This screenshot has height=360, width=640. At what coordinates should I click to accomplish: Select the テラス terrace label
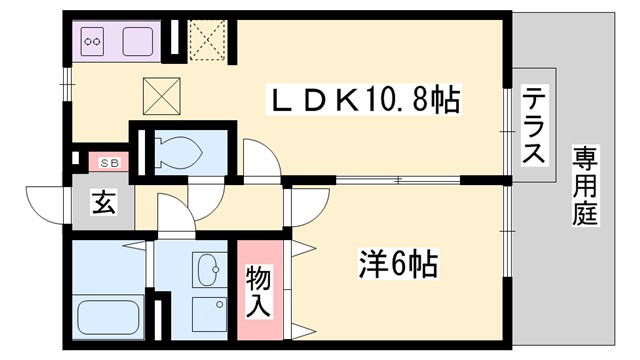(x=535, y=126)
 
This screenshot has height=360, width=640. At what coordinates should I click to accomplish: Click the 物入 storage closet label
(x=259, y=290)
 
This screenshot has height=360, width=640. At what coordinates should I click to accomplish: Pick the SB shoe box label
(x=104, y=160)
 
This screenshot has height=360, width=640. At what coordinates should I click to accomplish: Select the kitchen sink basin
(x=137, y=42)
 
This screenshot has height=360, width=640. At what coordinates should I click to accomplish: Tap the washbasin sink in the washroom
(x=209, y=269)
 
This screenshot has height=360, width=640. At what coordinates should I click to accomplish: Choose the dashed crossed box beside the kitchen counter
(x=207, y=40)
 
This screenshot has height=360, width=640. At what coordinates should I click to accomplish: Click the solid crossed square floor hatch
(x=160, y=96)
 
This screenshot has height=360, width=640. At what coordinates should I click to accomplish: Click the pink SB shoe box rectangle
(x=104, y=160)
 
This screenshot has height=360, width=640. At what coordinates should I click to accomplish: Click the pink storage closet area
(x=259, y=290)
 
